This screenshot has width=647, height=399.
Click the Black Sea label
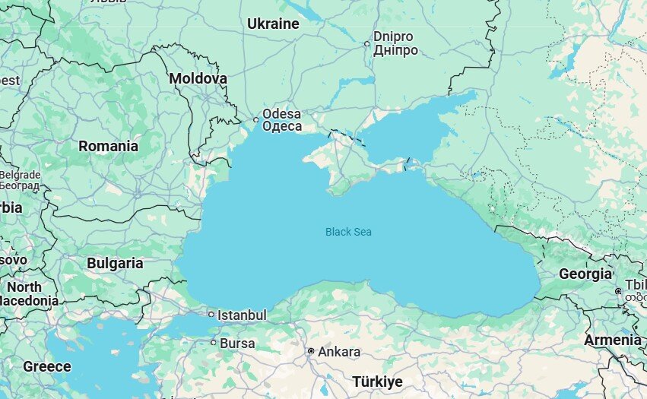(348, 232)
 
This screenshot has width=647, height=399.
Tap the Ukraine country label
(273, 24)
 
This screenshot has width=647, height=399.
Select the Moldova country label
(198, 78)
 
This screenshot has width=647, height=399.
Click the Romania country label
(109, 146)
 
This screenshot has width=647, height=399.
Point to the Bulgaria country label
(115, 264)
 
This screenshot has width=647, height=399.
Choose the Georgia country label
(585, 274)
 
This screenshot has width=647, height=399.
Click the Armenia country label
(612, 340)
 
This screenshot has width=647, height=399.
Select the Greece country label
(47, 366)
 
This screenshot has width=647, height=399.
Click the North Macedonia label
(27, 294)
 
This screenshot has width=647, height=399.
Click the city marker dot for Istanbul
(211, 314)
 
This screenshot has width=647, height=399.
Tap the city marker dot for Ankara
(311, 351)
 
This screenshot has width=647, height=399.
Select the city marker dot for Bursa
(213, 343)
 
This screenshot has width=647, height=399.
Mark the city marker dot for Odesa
(256, 119)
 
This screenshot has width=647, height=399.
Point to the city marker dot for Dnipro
(366, 43)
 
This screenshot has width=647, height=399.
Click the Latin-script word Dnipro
(393, 36)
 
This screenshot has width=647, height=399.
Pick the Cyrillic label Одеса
(282, 127)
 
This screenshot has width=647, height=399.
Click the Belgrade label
(20, 175)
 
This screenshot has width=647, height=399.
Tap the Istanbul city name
(242, 315)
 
